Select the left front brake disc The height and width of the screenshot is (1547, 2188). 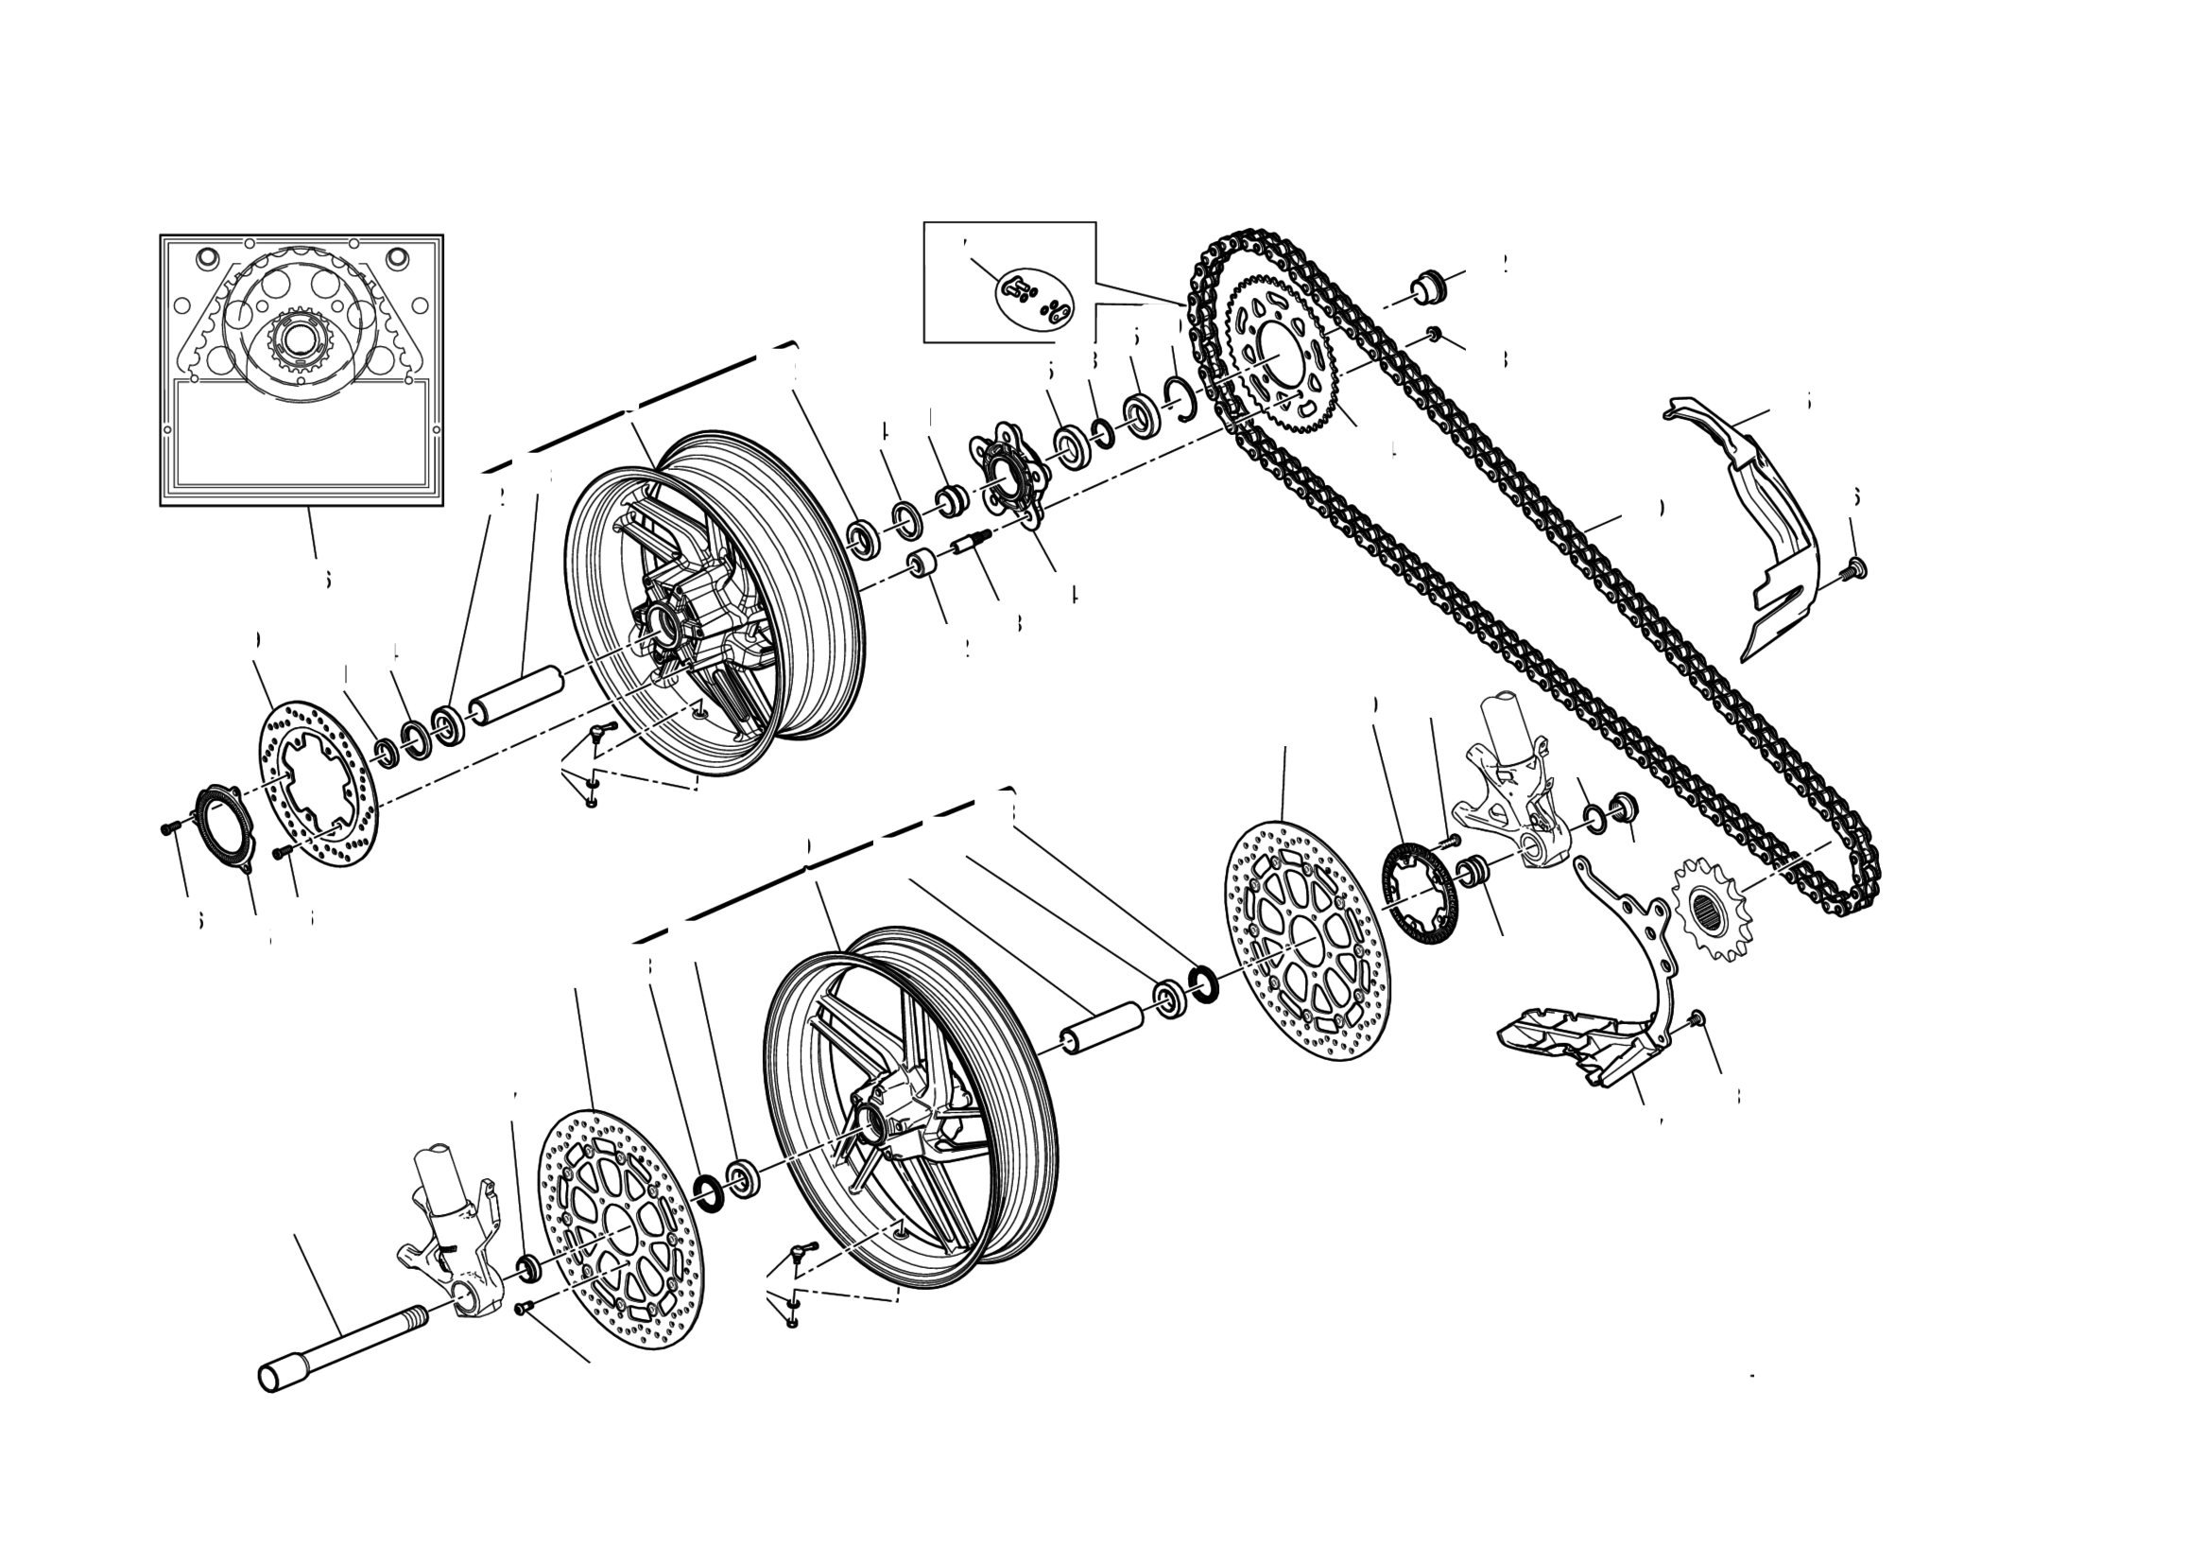620,1228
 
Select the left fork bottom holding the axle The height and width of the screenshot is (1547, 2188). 448,1239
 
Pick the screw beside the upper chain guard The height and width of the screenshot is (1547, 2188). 1852,569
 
